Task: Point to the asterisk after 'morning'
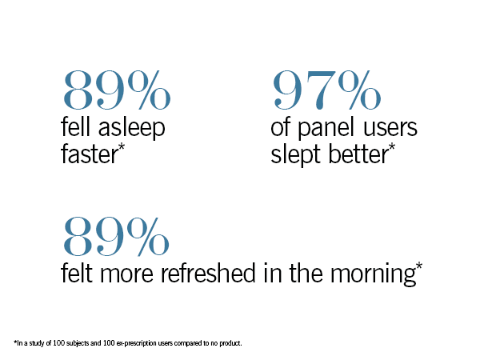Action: click(x=418, y=267)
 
